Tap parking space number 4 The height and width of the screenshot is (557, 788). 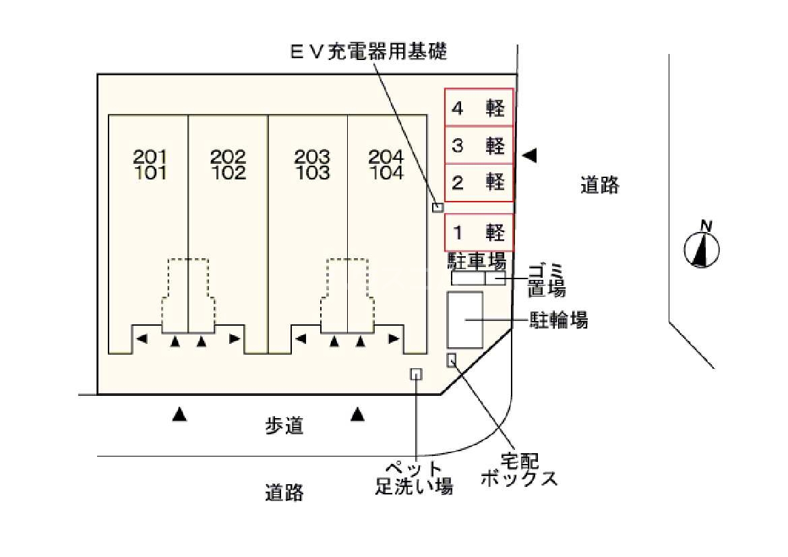tap(479, 107)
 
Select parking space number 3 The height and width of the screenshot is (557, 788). tap(479, 145)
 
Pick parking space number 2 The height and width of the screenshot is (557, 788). tap(479, 183)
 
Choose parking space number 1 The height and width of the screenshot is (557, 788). tap(479, 232)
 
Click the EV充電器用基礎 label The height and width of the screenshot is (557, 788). tap(368, 51)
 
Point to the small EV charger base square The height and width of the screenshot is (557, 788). tap(437, 207)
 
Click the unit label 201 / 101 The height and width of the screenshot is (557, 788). tap(150, 165)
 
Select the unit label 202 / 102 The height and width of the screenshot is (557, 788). tap(228, 165)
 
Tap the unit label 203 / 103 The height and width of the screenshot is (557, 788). tap(312, 165)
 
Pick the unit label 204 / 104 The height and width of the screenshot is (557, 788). tap(386, 165)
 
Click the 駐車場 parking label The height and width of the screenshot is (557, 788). tap(477, 261)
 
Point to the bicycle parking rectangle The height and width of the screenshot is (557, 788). tap(465, 320)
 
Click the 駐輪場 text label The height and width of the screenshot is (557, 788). tap(559, 320)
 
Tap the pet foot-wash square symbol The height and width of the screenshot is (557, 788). tap(416, 374)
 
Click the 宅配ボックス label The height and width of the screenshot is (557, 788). tap(519, 469)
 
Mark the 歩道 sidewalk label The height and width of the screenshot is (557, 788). tap(284, 426)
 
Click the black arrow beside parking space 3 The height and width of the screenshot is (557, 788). tap(529, 155)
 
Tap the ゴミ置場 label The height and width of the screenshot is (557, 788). tap(546, 280)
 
